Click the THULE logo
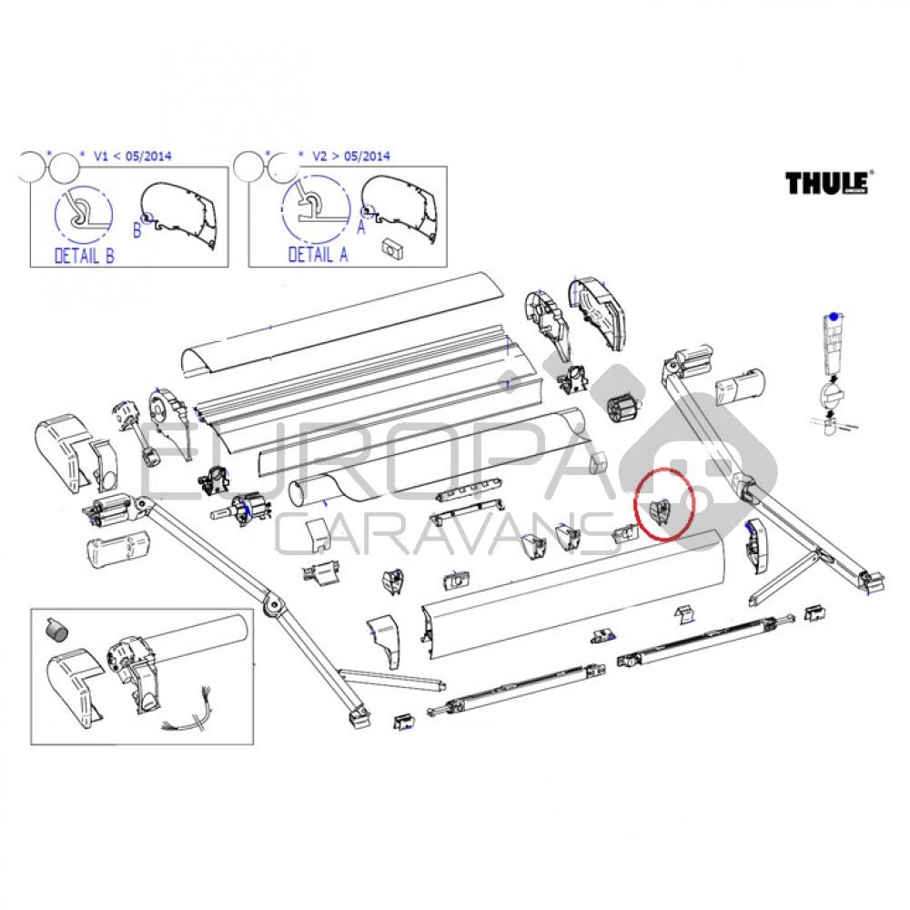(x=830, y=182)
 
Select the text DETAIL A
(x=318, y=256)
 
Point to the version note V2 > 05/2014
(x=350, y=156)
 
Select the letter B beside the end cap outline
(x=138, y=230)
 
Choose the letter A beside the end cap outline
(x=362, y=229)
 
